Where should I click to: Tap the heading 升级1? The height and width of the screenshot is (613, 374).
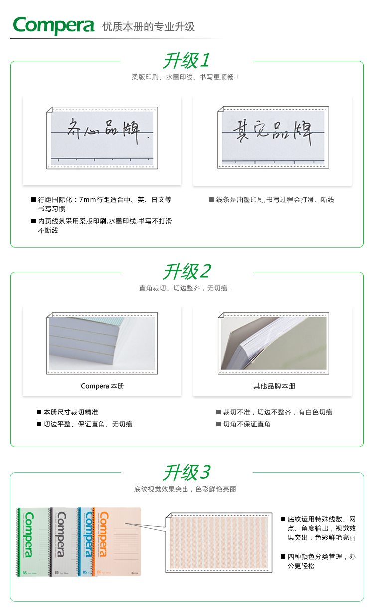[x=187, y=60]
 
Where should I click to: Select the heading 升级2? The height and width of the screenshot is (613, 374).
[x=187, y=271]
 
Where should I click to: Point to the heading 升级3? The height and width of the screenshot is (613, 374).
[x=187, y=472]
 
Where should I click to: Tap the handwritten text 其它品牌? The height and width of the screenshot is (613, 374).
[x=273, y=131]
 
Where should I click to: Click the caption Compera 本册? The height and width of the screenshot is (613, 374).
[x=102, y=386]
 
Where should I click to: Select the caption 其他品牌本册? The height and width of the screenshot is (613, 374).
[x=274, y=386]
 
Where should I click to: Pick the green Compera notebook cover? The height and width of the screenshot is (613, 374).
[x=33, y=542]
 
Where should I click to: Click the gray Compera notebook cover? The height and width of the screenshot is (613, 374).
[x=65, y=542]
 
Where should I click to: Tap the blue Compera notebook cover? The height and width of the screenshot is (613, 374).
[x=86, y=542]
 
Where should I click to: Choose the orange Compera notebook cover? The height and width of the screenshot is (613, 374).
[x=117, y=542]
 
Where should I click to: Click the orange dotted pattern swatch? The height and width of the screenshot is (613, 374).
[x=219, y=543]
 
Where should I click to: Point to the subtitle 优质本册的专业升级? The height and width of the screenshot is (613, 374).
[x=149, y=27]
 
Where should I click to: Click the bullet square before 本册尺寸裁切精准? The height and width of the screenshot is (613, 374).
[x=39, y=412]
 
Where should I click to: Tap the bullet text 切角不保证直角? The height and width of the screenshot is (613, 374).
[x=247, y=424]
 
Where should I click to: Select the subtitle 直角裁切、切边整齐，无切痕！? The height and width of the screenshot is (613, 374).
[x=187, y=288]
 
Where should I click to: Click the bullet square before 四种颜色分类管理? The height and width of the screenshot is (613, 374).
[x=283, y=556]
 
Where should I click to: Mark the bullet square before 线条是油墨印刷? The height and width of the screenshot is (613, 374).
[x=211, y=199]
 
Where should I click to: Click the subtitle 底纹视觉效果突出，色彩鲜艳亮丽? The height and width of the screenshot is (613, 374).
[x=185, y=489]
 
